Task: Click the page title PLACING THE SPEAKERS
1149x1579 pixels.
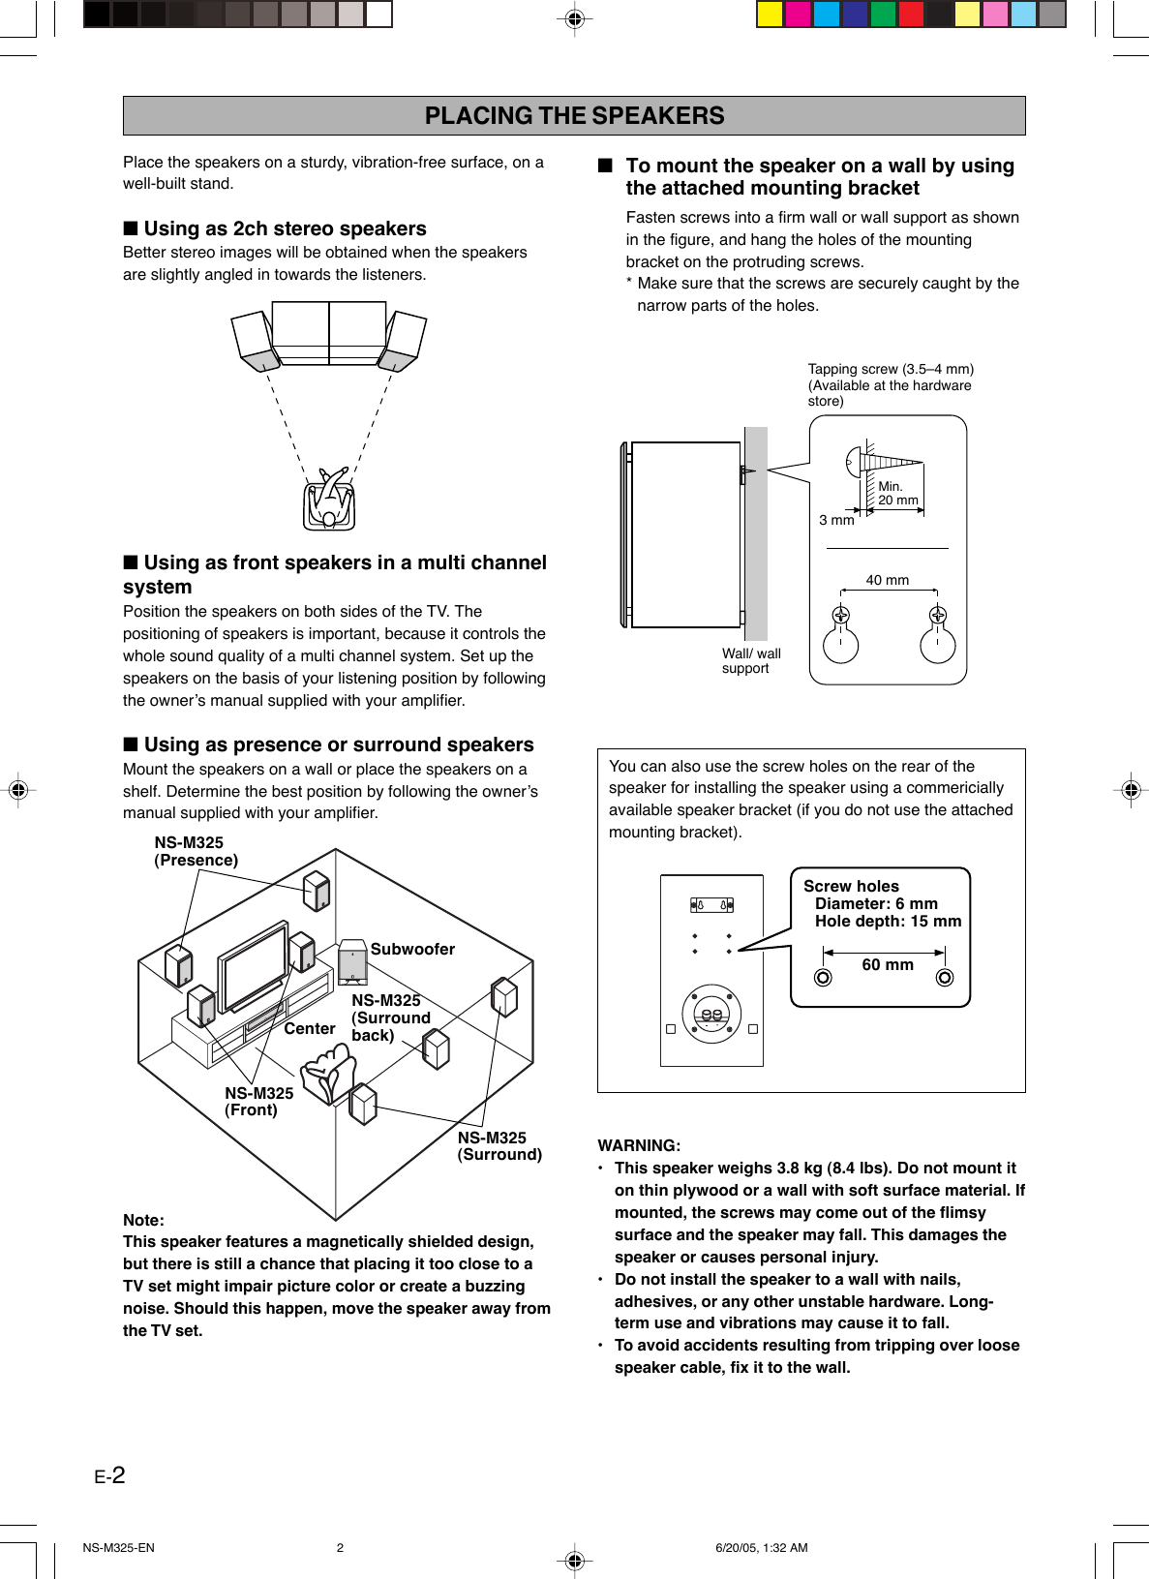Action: (574, 116)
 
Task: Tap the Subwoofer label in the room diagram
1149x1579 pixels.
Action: (412, 949)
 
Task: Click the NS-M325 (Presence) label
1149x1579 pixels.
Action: (196, 851)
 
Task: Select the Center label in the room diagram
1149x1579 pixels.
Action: (310, 1028)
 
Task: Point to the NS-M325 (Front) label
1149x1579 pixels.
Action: (258, 1102)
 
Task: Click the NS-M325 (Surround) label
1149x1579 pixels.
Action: (499, 1146)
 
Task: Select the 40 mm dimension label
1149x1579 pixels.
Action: (887, 580)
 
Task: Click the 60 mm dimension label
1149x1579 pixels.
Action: (887, 964)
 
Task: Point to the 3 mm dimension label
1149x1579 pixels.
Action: (836, 520)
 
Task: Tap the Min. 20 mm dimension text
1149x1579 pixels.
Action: (897, 494)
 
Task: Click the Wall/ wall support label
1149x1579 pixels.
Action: (750, 660)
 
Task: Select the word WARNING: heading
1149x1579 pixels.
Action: (639, 1145)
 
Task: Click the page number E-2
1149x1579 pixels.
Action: (109, 1475)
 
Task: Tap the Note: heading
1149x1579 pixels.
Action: (143, 1220)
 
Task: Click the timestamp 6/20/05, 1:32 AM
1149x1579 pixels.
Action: (761, 1547)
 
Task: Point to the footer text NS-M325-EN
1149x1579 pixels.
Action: (118, 1547)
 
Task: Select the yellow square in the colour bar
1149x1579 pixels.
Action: (770, 14)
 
